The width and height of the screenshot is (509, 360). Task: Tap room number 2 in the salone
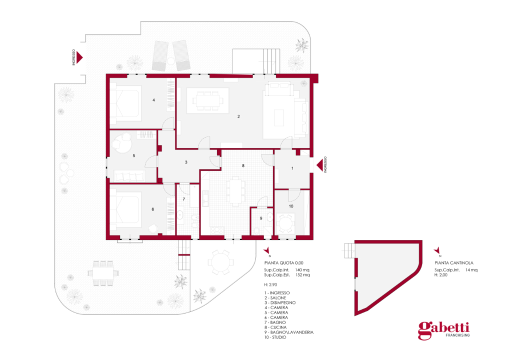[238, 116]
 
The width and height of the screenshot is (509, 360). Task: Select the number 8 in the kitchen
[243, 166]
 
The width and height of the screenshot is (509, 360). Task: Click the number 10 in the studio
[291, 206]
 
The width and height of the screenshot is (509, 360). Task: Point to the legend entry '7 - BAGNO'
[275, 322]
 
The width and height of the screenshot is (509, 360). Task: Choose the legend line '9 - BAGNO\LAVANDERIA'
[289, 332]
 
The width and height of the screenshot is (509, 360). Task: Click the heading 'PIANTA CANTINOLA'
[454, 263]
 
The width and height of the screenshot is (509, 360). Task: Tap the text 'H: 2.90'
[270, 284]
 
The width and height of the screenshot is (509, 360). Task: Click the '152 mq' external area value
[302, 275]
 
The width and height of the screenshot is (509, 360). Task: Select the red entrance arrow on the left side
[79, 57]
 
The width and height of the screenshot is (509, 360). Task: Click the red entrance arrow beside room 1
[319, 165]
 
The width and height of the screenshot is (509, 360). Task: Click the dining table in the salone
[208, 100]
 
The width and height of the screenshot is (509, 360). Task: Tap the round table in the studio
[285, 223]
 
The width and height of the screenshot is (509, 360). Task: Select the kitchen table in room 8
[236, 191]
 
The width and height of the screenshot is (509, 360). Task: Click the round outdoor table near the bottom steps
[220, 262]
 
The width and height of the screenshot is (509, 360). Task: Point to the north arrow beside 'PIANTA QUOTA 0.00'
[267, 250]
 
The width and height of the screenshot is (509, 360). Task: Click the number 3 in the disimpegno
[186, 162]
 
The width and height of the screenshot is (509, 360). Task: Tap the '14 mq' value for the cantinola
[471, 270]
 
